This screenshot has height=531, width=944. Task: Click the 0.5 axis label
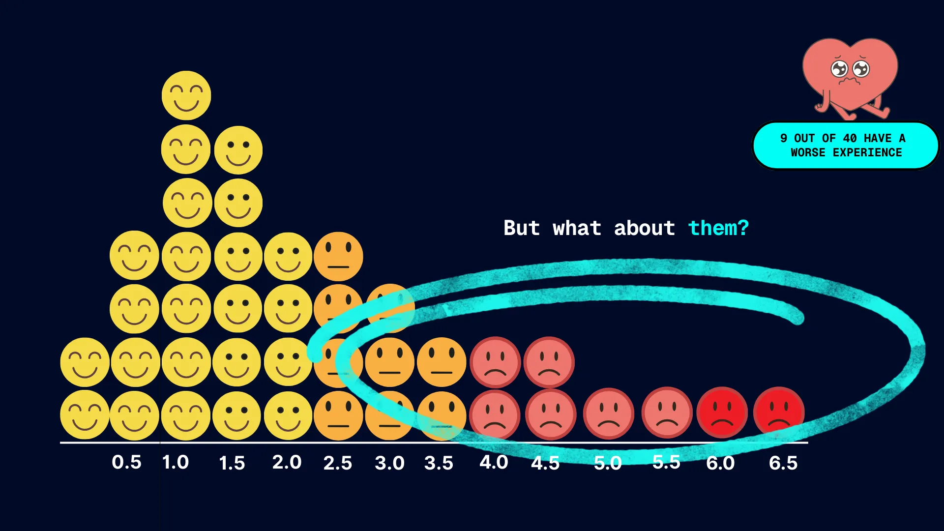(x=126, y=462)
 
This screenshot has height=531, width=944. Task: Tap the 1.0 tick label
(x=176, y=462)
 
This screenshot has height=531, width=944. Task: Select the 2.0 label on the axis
(x=287, y=462)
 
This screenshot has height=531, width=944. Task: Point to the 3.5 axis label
(x=439, y=463)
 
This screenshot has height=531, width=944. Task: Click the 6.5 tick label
(x=783, y=463)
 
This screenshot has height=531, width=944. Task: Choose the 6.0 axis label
(x=720, y=463)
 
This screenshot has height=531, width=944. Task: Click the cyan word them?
(x=718, y=228)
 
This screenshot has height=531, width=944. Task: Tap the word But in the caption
(x=522, y=228)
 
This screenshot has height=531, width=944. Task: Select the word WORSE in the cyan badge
(x=808, y=152)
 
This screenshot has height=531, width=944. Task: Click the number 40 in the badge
(x=850, y=138)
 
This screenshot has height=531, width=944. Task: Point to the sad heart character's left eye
(x=839, y=69)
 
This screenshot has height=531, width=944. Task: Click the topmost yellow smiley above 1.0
(x=186, y=95)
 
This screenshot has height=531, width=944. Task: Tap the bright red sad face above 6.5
(x=779, y=412)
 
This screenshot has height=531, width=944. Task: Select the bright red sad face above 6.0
(x=722, y=412)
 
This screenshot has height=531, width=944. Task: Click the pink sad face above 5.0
(x=609, y=413)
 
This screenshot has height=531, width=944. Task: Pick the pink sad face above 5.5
(x=667, y=412)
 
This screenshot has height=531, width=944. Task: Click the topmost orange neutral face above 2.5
(x=338, y=256)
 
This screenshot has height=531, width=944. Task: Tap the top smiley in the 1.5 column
(x=238, y=150)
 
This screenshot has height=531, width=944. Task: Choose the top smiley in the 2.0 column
(x=288, y=256)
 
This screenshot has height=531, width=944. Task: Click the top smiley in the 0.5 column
(x=134, y=255)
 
